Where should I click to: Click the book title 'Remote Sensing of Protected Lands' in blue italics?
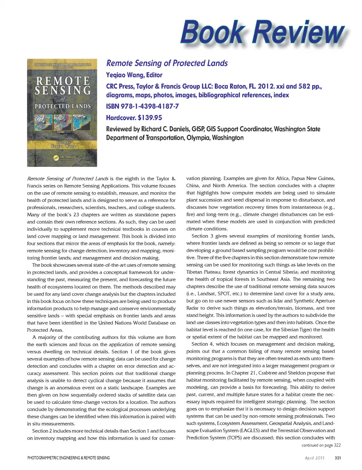tap(167, 63)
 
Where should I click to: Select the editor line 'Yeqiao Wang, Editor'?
tap(134, 75)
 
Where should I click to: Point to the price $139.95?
tap(150, 117)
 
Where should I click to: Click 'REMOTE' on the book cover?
tap(63, 80)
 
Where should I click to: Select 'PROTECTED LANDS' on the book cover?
tap(63, 106)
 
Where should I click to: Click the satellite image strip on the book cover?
tap(62, 122)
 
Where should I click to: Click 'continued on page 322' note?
tap(321, 445)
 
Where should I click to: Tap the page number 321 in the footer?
tap(337, 458)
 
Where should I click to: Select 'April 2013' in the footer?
tap(314, 458)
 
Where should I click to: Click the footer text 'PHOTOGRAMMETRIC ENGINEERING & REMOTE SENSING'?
tap(69, 458)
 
